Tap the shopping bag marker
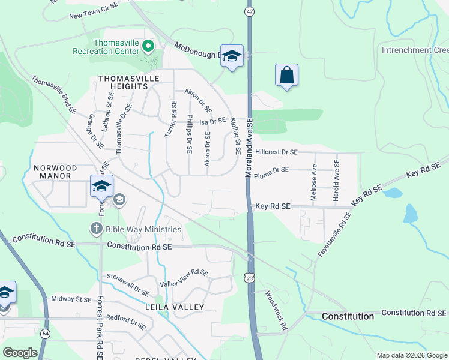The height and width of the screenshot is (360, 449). pos(287,76)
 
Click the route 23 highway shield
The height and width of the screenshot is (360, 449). pos(249,277)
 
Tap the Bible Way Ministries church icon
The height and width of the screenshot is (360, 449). pos(97,229)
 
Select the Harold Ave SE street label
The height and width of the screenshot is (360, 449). pos(337,179)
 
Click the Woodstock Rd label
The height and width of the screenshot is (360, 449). pos(277,311)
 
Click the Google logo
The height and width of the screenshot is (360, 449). pos(20,352)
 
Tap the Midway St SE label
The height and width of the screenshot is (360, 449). pos(71,299)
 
